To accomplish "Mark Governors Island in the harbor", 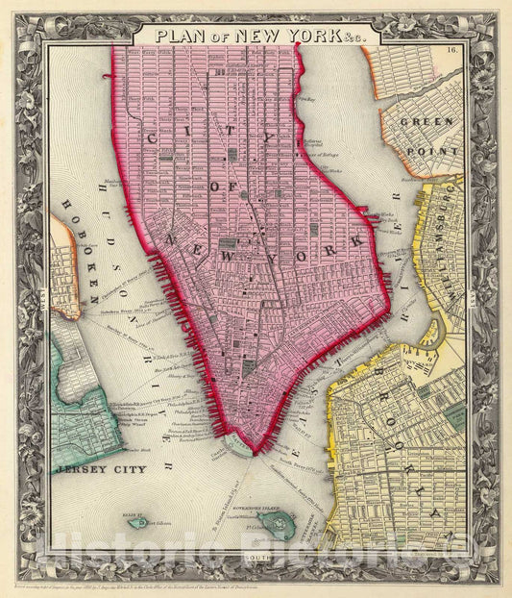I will (280, 523).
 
